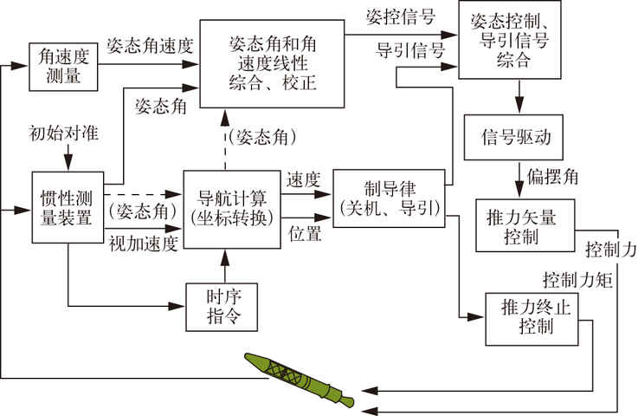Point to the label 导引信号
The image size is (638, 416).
tap(405, 50)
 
